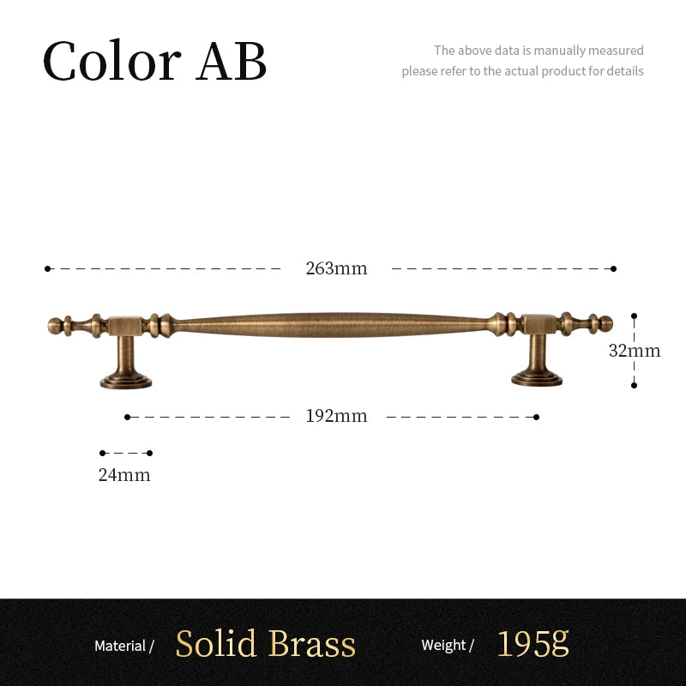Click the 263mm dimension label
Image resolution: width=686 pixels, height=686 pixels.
336,268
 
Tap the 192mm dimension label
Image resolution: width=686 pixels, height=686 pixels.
336,416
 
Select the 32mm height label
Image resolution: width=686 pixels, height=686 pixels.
635,351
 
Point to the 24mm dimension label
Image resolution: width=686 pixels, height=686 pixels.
124,475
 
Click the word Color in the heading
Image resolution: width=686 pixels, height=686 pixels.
112,60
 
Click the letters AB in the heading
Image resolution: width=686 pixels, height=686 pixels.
231,61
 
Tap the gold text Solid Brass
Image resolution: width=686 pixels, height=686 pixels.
266,643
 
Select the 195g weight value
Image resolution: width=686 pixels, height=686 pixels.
533,643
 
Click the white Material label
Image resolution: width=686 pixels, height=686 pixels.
120,646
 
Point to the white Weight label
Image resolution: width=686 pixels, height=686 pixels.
443,645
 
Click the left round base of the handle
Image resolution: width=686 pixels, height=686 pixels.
126,381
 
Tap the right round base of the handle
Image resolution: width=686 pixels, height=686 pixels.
537,379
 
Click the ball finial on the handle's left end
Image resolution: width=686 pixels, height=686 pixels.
55,326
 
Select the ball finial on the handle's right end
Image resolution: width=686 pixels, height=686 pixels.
606,324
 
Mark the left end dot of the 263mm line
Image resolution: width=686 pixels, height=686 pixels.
47,268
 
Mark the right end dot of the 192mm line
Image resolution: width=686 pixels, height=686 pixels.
537,417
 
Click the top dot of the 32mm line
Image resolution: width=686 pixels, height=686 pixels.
634,316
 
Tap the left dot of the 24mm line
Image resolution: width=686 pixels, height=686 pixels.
102,453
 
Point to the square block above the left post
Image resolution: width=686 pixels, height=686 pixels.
125,326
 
